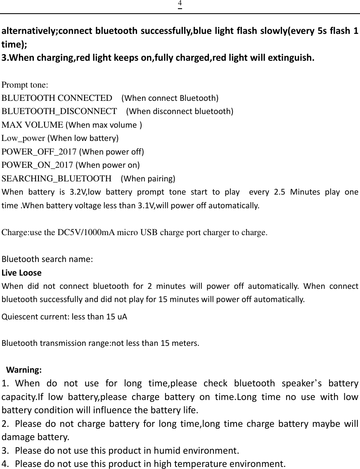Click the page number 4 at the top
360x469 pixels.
tap(180, 4)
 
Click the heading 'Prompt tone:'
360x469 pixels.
tap(25, 85)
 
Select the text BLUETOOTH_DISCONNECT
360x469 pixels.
tap(59, 112)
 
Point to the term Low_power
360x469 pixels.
tap(24, 138)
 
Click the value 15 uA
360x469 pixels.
tap(117, 317)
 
